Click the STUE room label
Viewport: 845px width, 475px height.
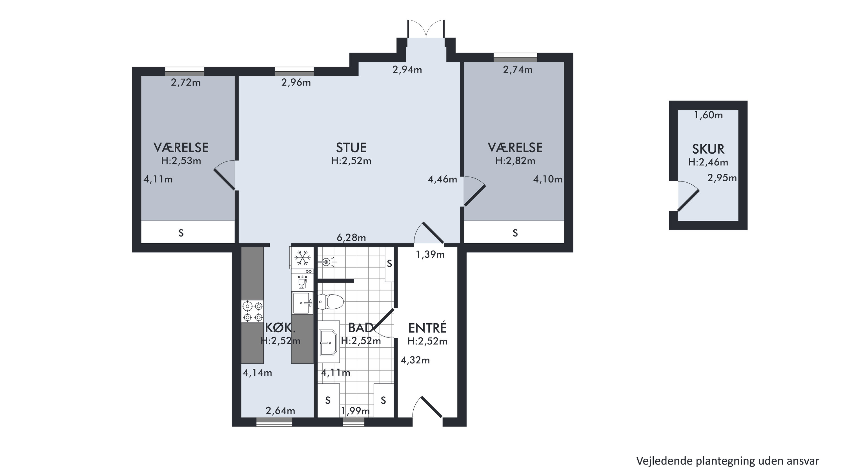351,148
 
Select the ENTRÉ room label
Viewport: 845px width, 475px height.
427,328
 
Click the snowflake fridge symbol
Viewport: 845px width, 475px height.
302,258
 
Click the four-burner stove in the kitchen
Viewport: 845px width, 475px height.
252,311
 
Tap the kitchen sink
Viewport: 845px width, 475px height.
302,303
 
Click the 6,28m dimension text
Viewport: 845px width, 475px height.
351,237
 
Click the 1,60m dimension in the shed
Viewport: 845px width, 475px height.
709,115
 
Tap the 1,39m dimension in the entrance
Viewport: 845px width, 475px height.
430,254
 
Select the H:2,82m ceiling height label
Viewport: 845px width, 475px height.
515,161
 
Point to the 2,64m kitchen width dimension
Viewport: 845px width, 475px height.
280,411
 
